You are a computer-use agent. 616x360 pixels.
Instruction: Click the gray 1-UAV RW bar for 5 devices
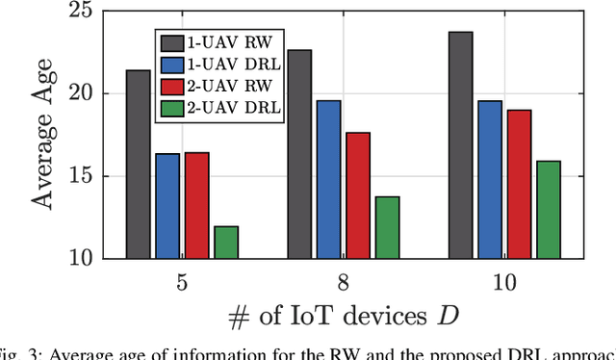coord(139,164)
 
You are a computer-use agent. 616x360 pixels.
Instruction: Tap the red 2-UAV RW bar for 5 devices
coord(196,205)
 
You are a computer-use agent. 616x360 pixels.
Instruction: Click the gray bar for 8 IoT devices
coord(299,154)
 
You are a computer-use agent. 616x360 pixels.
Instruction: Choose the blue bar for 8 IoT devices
coord(329,179)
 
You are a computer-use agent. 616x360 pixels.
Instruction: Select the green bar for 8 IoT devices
coord(387,227)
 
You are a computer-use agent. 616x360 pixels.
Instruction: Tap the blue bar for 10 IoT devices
coord(490,179)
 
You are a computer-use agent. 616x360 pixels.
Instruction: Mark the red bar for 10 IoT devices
coord(519,184)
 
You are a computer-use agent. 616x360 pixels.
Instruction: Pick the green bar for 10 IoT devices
coord(549,209)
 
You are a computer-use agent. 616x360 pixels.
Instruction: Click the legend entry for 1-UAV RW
coord(220,42)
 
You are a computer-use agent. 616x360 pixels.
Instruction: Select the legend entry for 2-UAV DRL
coord(220,106)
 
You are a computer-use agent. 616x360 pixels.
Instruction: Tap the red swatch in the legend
coord(174,85)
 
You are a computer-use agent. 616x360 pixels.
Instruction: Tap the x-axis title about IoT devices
coord(343,319)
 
